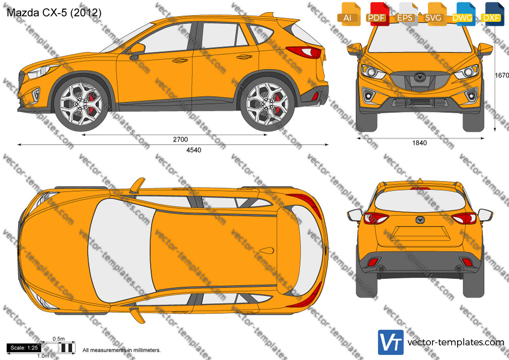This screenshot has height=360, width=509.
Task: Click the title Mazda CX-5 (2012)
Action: [54, 12]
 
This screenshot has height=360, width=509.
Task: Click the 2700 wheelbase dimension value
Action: [180, 139]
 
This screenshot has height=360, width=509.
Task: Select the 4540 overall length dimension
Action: [194, 150]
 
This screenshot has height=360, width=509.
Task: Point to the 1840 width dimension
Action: [419, 143]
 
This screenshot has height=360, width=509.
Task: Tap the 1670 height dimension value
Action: [502, 76]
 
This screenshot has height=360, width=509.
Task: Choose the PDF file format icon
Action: [377, 14]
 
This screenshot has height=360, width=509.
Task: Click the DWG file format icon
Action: [462, 14]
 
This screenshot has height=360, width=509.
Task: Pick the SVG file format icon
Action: [434, 14]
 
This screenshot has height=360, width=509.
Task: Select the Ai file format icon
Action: [349, 14]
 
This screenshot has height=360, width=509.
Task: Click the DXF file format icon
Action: [492, 14]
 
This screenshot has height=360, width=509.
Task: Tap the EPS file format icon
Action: [406, 14]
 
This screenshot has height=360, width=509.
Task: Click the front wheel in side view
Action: [81, 104]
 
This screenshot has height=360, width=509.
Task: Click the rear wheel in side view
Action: [268, 104]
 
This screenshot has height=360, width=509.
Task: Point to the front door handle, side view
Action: [180, 60]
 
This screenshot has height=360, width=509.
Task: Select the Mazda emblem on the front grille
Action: [419, 77]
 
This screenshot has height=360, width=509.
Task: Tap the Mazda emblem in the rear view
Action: [420, 220]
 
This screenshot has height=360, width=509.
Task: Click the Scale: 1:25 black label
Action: [24, 348]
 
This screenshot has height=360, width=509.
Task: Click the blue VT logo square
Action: [391, 342]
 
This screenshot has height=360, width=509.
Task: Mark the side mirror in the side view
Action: [137, 51]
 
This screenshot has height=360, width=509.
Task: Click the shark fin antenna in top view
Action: [267, 251]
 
